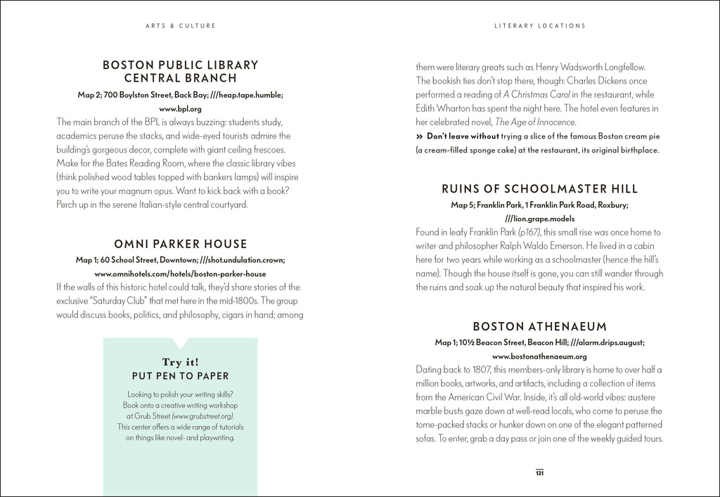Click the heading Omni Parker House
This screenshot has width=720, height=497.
180,245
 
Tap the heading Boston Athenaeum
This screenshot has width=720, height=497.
539,327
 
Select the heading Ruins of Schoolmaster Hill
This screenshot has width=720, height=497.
539,189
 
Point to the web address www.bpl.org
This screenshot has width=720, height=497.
181,109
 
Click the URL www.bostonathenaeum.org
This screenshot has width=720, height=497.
539,356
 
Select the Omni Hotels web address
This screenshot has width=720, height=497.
180,273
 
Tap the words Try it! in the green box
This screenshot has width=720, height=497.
181,362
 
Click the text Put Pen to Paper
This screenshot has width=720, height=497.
181,376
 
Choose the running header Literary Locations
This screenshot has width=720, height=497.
539,26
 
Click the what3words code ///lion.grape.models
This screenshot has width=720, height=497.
539,219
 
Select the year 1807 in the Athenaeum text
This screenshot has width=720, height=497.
478,370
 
